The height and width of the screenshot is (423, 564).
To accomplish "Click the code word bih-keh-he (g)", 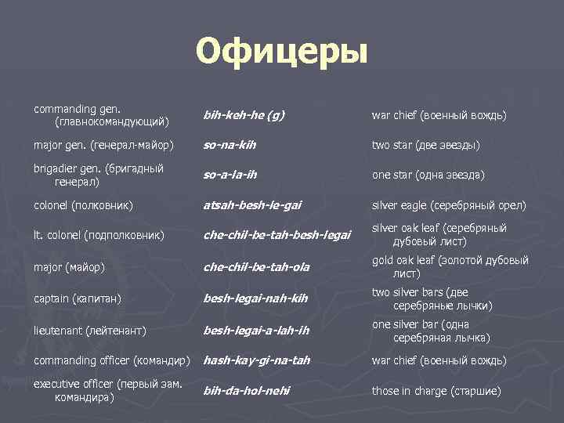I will click(x=244, y=116).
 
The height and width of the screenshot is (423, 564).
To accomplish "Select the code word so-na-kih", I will click(x=230, y=146).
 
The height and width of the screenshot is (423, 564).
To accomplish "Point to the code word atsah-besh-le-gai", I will click(x=252, y=206).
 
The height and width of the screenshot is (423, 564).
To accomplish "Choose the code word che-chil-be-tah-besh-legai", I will click(x=277, y=234).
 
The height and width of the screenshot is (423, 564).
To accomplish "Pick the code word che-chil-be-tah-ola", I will click(x=256, y=267).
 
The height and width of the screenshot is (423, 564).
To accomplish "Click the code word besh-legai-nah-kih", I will click(x=255, y=298).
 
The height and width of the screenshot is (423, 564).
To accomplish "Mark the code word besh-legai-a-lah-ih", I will click(x=256, y=330).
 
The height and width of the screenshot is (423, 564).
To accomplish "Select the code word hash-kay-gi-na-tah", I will click(x=257, y=360).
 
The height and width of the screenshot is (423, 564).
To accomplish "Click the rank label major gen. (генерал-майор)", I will click(x=103, y=146).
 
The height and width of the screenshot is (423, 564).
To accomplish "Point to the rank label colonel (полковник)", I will click(x=82, y=206).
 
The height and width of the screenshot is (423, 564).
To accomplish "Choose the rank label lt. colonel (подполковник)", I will click(x=99, y=234).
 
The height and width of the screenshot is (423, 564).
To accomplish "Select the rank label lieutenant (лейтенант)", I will click(x=90, y=331).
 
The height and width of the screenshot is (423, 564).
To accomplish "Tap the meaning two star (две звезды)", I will click(x=426, y=146).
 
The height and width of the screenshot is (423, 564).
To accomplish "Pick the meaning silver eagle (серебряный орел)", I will click(x=449, y=206).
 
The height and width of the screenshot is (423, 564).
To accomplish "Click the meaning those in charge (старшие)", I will click(x=436, y=390).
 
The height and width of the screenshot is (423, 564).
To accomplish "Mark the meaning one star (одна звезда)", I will click(x=428, y=175).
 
